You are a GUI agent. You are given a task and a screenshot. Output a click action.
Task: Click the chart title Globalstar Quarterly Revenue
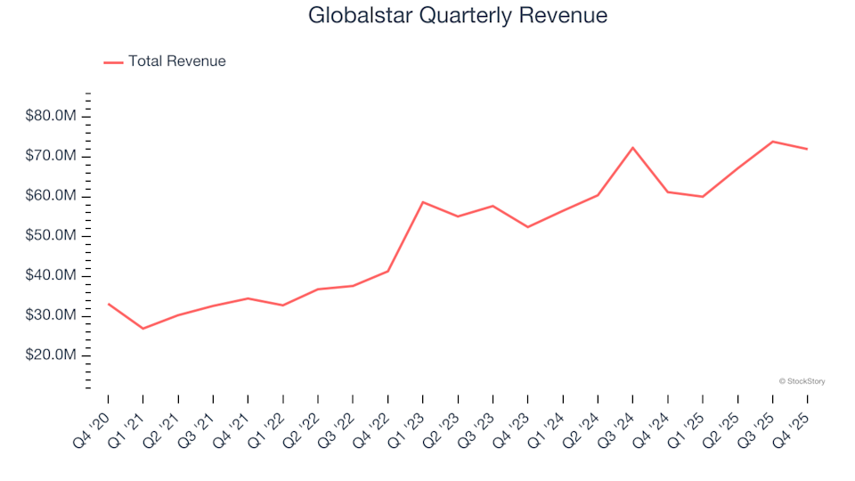point(458,16)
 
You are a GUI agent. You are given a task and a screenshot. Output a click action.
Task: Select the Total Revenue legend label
point(176,61)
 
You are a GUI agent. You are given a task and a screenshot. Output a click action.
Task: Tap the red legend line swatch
point(113,62)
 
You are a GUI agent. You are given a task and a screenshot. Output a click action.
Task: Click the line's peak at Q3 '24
point(632,148)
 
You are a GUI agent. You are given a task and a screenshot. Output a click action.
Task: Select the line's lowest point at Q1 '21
point(142,329)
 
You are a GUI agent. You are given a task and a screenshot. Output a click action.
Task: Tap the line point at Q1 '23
point(423,202)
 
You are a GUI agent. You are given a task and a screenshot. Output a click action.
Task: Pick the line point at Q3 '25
point(772,142)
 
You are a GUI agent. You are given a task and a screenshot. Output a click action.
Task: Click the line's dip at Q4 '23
point(527,227)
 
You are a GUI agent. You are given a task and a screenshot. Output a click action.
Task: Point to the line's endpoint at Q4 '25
point(807,149)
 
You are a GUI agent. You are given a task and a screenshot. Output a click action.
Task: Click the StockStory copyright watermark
point(802,381)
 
